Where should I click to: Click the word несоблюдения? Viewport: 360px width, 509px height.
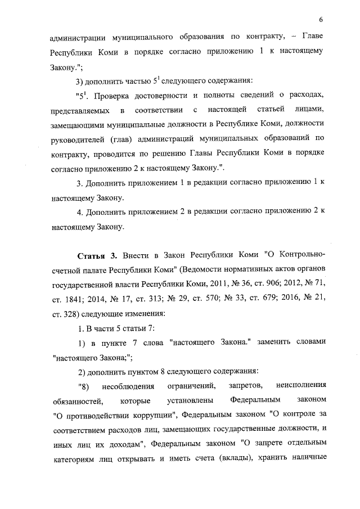pos(127,388)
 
